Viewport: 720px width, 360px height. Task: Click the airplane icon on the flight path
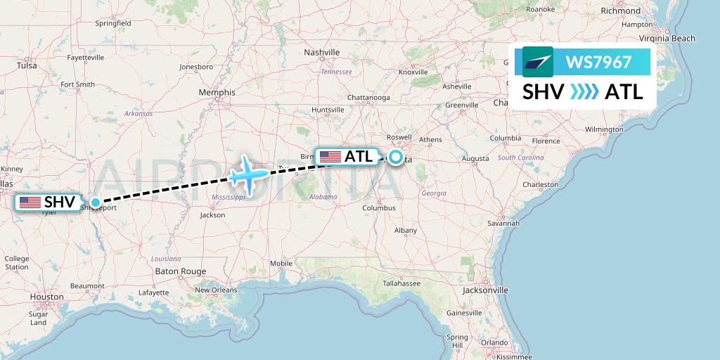pos(248,172)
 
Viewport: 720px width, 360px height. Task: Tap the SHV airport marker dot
pos(96,202)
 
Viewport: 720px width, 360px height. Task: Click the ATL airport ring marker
pos(396,157)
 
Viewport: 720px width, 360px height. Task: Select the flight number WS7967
pos(598,62)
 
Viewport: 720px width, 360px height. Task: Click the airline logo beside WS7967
pos(538,62)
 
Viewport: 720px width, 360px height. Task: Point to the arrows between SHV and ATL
pos(584,91)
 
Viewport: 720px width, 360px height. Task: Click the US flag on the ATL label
pos(330,157)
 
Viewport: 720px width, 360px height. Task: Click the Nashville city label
pos(322,53)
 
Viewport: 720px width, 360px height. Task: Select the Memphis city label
pos(217,92)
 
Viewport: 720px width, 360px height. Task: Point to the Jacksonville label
pos(485,290)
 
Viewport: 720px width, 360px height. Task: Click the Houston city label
pos(46,297)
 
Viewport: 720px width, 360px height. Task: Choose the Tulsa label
pos(27,65)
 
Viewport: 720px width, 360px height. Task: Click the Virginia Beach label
pos(667,39)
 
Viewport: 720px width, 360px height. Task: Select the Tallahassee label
pos(401,283)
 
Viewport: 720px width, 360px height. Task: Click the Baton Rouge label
pos(181,271)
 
